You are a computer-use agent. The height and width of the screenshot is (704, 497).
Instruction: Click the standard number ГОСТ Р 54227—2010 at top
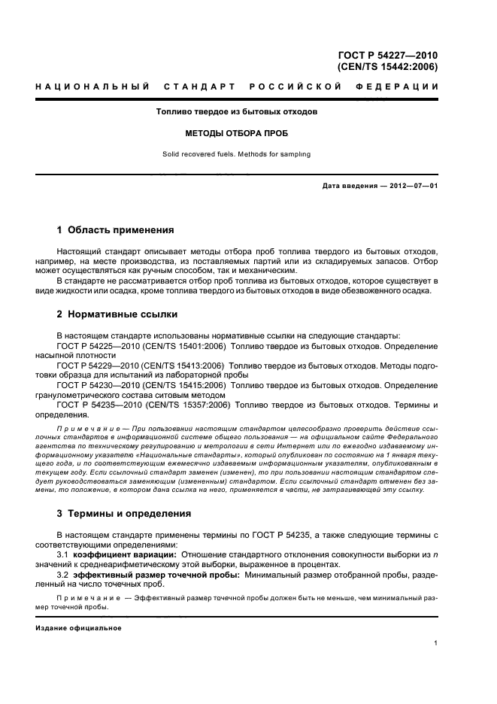(388, 55)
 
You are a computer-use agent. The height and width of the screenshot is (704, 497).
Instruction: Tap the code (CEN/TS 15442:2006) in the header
(388, 66)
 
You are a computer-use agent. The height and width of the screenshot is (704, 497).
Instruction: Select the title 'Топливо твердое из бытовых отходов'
(237, 111)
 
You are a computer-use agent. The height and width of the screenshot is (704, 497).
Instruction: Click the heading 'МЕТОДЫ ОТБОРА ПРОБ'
(237, 133)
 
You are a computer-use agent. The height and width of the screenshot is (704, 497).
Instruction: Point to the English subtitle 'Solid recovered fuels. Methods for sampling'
(237, 155)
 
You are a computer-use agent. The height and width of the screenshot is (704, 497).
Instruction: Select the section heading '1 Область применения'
(116, 230)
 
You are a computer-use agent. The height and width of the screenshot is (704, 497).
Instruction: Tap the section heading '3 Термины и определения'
(124, 514)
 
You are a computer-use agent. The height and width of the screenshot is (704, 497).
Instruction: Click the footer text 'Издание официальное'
(78, 627)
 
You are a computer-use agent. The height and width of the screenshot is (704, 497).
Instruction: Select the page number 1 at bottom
(436, 643)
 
